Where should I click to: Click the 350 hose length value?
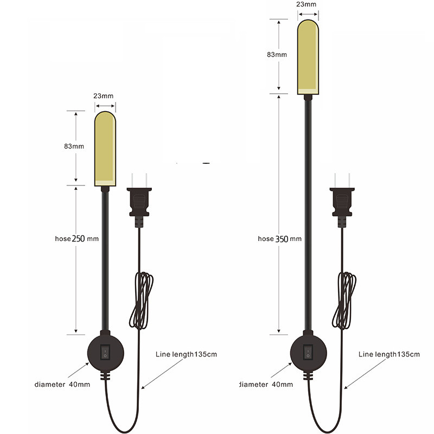tap(282, 238)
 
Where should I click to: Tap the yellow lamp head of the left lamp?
tap(105, 148)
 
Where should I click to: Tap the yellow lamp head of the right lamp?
tap(307, 56)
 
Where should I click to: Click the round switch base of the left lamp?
tap(106, 354)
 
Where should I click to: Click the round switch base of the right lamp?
tap(308, 354)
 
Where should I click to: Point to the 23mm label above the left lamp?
tap(104, 95)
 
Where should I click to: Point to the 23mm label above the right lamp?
tap(307, 4)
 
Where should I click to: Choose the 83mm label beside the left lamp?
tap(74, 146)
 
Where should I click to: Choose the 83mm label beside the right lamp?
tap(277, 55)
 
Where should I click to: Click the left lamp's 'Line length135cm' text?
tap(186, 354)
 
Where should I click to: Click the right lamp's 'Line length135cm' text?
tap(389, 354)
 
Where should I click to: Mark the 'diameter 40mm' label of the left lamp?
tap(62, 384)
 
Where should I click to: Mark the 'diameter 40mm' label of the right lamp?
tap(266, 384)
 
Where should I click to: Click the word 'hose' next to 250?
tap(63, 238)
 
